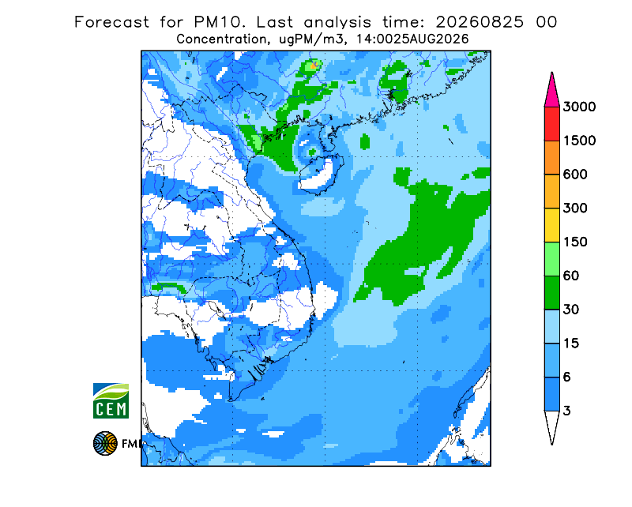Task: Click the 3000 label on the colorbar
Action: pyautogui.click(x=579, y=107)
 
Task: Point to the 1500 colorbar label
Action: pyautogui.click(x=579, y=141)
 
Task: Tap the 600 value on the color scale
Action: pyautogui.click(x=575, y=175)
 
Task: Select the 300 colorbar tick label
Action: pyautogui.click(x=575, y=208)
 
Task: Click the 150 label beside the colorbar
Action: pyautogui.click(x=575, y=242)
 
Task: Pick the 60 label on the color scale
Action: pyautogui.click(x=571, y=276)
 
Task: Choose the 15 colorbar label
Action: pyautogui.click(x=571, y=344)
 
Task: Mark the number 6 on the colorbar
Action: pyautogui.click(x=566, y=377)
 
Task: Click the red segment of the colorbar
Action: pyautogui.click(x=551, y=124)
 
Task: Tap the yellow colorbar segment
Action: pyautogui.click(x=551, y=225)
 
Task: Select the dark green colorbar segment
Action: pyautogui.click(x=551, y=293)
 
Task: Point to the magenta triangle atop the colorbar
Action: pyautogui.click(x=551, y=92)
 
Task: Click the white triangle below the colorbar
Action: pyautogui.click(x=551, y=425)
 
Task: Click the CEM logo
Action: pyautogui.click(x=111, y=400)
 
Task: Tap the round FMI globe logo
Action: pyautogui.click(x=105, y=443)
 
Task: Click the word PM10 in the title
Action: pyautogui.click(x=220, y=22)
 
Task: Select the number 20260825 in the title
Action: pyautogui.click(x=480, y=22)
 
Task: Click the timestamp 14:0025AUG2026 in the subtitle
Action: pyautogui.click(x=412, y=39)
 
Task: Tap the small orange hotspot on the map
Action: pyautogui.click(x=314, y=65)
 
